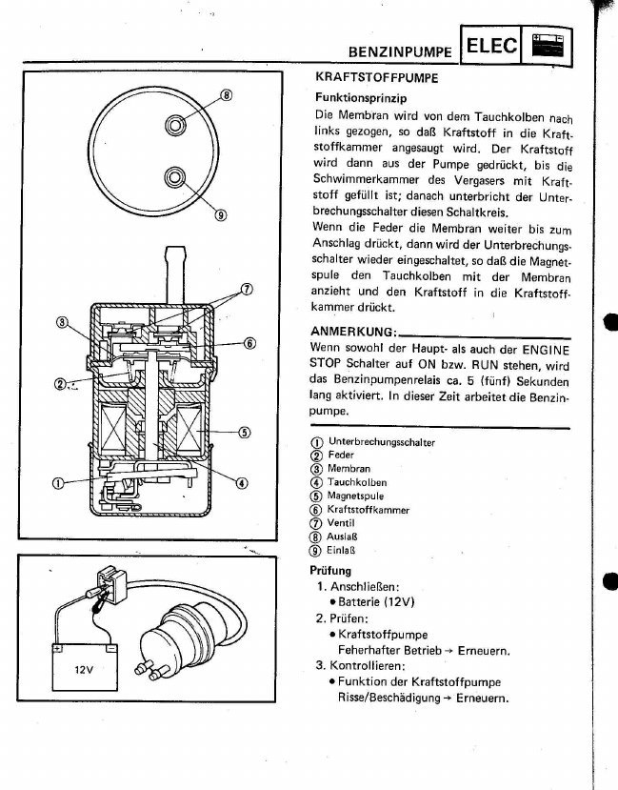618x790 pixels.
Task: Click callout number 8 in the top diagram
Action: coord(226,95)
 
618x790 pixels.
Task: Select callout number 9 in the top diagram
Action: coord(220,213)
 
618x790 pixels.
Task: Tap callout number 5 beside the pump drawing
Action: coord(244,433)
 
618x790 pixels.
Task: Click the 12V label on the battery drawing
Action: coord(84,668)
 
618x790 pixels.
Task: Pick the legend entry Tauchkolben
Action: coord(357,483)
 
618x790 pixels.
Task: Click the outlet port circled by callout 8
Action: coord(176,125)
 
